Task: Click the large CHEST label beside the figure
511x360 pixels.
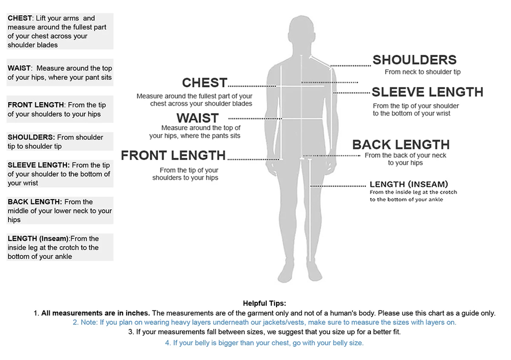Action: tap(204, 83)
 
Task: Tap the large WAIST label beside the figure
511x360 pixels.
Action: tap(198, 118)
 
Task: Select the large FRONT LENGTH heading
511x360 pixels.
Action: tap(173, 156)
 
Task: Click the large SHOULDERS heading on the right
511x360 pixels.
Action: tap(414, 60)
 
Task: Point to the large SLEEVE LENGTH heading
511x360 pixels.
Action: tap(427, 92)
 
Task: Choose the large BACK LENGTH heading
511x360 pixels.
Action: tap(401, 145)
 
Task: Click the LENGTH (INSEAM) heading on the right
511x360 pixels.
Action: tap(408, 184)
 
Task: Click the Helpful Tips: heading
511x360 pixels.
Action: tap(264, 303)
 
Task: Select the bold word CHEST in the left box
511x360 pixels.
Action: tap(19, 18)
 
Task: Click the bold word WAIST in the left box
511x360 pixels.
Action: tap(19, 68)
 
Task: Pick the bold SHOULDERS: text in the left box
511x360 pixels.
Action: tap(31, 137)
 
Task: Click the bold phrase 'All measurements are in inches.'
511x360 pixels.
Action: tap(96, 313)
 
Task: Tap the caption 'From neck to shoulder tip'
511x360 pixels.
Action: tap(423, 72)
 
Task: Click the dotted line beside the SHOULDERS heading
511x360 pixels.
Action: tap(351, 66)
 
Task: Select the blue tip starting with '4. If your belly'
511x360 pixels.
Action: tap(264, 343)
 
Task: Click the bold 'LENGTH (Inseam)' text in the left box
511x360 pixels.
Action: tap(38, 238)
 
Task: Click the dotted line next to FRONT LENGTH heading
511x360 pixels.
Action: tap(253, 159)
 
